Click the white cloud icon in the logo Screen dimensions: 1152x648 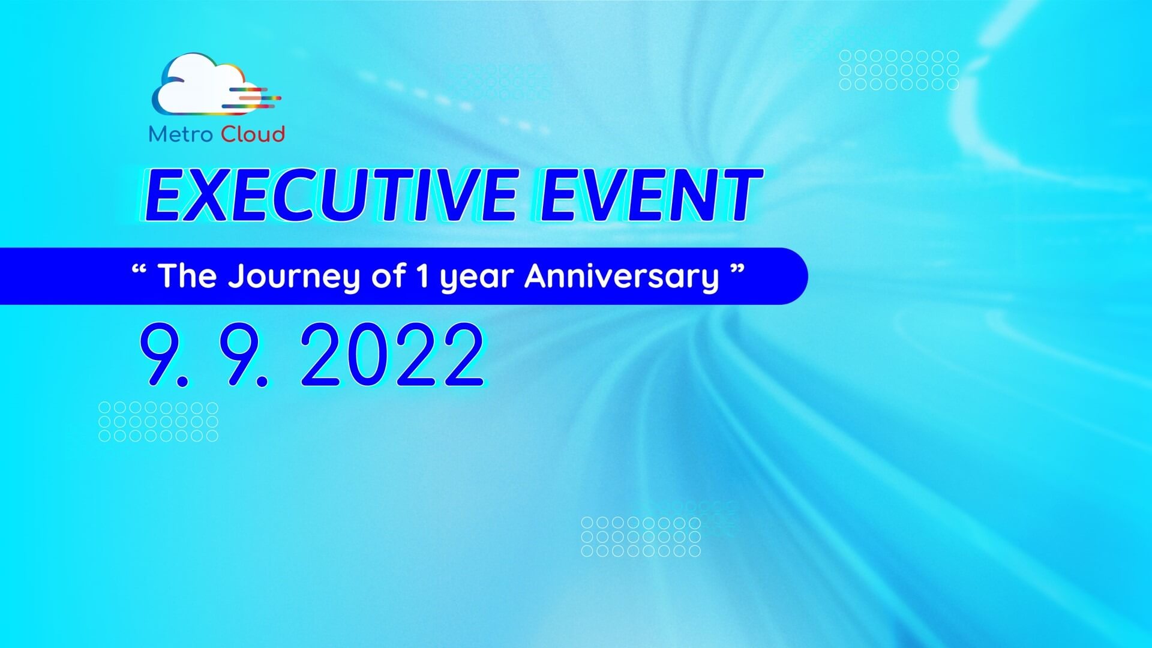(201, 84)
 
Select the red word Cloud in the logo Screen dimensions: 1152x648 (253, 134)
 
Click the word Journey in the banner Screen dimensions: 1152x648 (294, 277)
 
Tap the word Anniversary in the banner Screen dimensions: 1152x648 (622, 276)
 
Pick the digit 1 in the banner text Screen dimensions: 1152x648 (422, 276)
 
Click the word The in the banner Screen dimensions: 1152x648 (187, 276)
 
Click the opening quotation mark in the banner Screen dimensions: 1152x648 (139, 269)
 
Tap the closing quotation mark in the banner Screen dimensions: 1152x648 (737, 269)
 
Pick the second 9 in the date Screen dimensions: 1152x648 (243, 354)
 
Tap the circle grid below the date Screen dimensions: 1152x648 (158, 422)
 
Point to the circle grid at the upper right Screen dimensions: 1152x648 (899, 70)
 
